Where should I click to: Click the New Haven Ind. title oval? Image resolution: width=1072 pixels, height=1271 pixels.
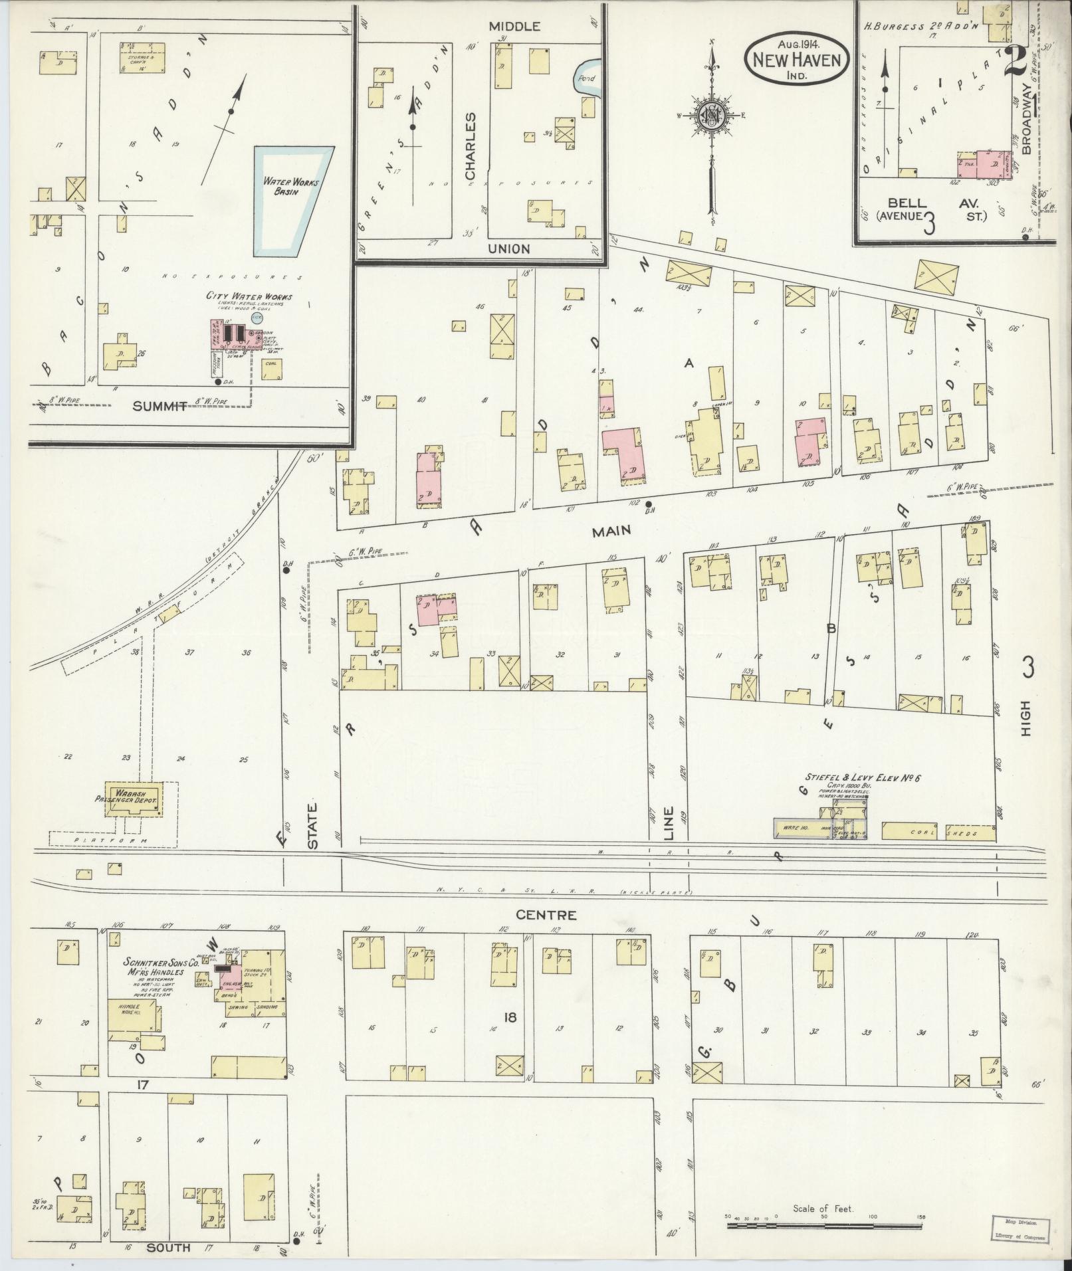pyautogui.click(x=796, y=59)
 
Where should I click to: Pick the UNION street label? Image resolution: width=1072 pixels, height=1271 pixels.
pyautogui.click(x=508, y=248)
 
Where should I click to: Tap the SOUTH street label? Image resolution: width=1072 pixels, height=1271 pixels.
pyautogui.click(x=168, y=1248)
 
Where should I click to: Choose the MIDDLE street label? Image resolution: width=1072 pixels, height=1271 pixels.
pyautogui.click(x=514, y=27)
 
